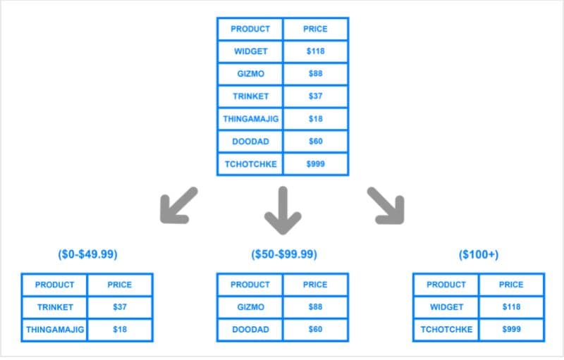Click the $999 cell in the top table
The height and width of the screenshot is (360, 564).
pos(315,163)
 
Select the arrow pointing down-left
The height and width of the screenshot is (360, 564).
pos(178,205)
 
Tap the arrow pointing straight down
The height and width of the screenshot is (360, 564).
pos(283,210)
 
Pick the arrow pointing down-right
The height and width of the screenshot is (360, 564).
pos(386,205)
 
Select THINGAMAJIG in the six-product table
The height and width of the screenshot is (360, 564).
pos(250,119)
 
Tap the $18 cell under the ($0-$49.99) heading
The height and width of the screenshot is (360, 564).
pos(120,329)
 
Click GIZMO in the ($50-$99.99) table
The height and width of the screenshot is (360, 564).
pos(250,307)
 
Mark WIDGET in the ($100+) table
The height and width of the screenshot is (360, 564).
pos(446,307)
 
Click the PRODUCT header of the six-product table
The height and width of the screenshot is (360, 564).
pos(250,29)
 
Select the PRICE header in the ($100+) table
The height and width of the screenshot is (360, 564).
pos(511,285)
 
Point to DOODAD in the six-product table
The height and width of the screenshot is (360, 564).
pos(250,141)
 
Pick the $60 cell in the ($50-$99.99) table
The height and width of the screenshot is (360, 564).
pos(315,329)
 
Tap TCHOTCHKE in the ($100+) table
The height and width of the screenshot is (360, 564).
pos(446,329)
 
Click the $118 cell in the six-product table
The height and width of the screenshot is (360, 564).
pos(315,51)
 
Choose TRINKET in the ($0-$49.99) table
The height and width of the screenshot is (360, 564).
pos(54,307)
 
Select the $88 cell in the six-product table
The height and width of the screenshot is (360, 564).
pos(315,74)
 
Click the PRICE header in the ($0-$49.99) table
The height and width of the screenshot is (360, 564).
pos(120,285)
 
